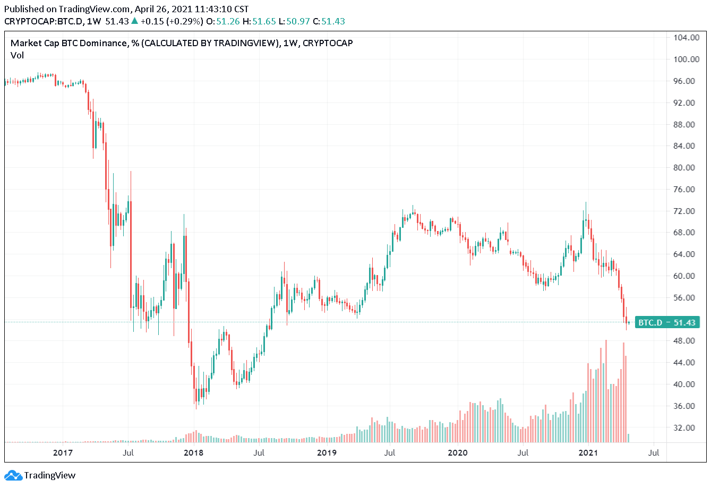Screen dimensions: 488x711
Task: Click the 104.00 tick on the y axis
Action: (x=686, y=38)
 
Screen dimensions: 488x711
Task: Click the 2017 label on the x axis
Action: (x=63, y=453)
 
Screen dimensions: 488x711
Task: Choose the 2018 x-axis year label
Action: (x=193, y=453)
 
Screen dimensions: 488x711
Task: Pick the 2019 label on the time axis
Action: (x=327, y=453)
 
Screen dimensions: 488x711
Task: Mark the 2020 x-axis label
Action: (x=457, y=453)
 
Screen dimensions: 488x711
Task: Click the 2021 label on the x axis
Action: (x=588, y=453)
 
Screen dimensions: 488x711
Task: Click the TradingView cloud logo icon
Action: (x=13, y=475)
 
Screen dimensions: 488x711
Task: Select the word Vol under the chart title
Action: (x=17, y=55)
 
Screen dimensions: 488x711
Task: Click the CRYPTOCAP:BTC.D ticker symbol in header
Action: (x=44, y=22)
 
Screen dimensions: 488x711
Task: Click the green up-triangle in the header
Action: (x=135, y=21)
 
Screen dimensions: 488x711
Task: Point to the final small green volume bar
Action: (x=629, y=438)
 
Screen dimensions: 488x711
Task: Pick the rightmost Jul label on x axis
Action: (x=654, y=453)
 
